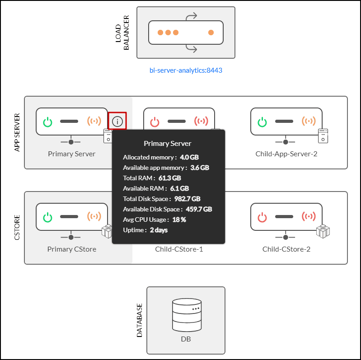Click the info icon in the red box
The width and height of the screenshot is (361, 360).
coord(117,121)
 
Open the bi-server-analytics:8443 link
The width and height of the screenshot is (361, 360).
coord(186,70)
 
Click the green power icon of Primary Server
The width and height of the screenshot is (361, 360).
coord(47,122)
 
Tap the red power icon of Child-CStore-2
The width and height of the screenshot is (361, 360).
coord(262,217)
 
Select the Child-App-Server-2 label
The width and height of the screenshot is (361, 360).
coord(286,154)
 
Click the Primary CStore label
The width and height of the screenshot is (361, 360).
coord(72,249)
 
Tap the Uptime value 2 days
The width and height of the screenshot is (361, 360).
coord(159,230)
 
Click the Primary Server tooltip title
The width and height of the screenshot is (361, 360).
coord(168,143)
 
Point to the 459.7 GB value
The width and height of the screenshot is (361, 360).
coord(199,209)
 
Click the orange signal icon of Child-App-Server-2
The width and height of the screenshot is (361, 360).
coord(309,122)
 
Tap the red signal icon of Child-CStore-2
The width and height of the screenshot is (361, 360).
coord(309,217)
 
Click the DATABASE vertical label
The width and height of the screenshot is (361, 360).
coord(140,321)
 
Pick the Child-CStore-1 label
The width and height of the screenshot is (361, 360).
coord(179,249)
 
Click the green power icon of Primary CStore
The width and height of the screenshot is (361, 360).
coord(47,217)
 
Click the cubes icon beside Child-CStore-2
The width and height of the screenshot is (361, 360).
coord(323,232)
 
